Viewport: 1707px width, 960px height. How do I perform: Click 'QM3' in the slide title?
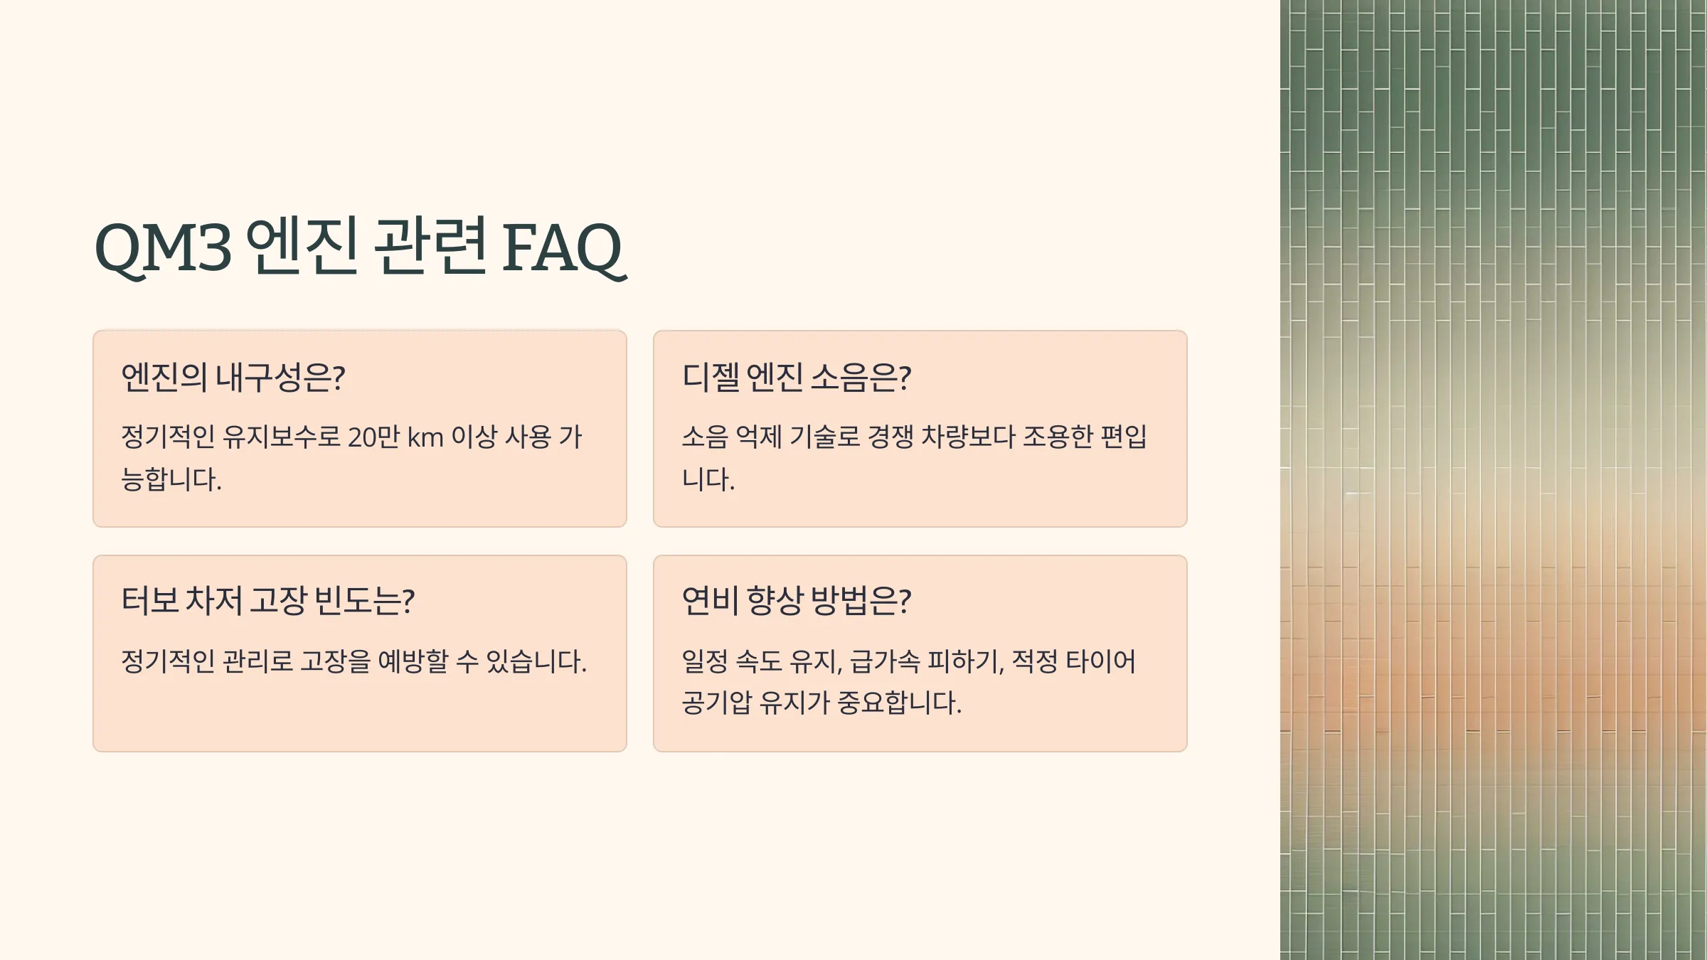click(x=164, y=248)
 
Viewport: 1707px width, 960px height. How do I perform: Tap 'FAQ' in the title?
click(x=563, y=248)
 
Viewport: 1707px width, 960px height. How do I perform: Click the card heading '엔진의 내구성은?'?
click(x=233, y=377)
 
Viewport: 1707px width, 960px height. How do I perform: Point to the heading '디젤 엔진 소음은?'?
click(x=797, y=377)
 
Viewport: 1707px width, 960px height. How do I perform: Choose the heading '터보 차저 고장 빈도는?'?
click(x=268, y=601)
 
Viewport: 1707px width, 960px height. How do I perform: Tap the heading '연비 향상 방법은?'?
click(x=797, y=601)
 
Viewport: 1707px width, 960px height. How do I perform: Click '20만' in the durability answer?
click(x=374, y=437)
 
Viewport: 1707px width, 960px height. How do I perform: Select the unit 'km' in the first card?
click(x=425, y=437)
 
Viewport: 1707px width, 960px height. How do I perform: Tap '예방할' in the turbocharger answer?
click(x=413, y=661)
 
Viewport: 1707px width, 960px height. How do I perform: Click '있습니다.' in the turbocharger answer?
click(x=536, y=661)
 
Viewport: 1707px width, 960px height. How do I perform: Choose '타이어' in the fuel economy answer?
click(x=1100, y=661)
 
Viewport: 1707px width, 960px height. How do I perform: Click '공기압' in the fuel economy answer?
click(x=716, y=703)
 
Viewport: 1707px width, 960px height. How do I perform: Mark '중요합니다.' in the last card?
click(x=900, y=703)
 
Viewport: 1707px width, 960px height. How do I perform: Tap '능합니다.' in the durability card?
click(x=171, y=479)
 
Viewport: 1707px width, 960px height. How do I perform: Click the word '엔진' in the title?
click(x=302, y=246)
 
